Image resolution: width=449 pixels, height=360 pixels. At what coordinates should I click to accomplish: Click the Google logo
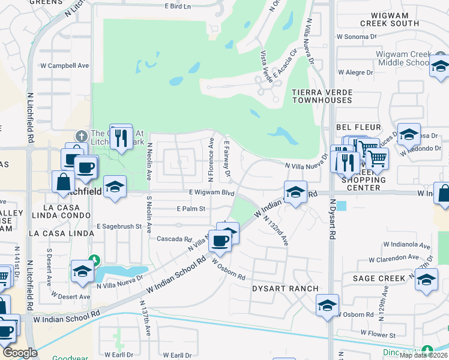pyautogui.click(x=20, y=353)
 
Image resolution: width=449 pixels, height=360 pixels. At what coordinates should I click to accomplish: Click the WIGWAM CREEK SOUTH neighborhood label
pyautogui.click(x=389, y=19)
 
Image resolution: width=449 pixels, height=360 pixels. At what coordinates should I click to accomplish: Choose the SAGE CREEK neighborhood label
pyautogui.click(x=379, y=278)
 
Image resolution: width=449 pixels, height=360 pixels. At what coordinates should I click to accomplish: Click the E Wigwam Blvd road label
pyautogui.click(x=211, y=193)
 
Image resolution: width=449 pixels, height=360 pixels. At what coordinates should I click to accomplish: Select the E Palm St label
pyautogui.click(x=191, y=209)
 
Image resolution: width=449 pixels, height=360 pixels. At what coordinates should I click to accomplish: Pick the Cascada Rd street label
pyautogui.click(x=173, y=238)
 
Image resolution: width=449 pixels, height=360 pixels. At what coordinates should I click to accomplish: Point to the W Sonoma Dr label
pyautogui.click(x=356, y=37)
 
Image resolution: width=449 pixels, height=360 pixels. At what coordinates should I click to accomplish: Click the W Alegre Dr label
pyautogui.click(x=356, y=73)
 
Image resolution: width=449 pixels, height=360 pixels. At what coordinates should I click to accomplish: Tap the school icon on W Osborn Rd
pyautogui.click(x=327, y=305)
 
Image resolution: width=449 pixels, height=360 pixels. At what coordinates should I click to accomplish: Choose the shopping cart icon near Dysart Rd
pyautogui.click(x=376, y=159)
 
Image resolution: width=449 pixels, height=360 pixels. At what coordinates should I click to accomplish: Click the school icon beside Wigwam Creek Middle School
pyautogui.click(x=440, y=68)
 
